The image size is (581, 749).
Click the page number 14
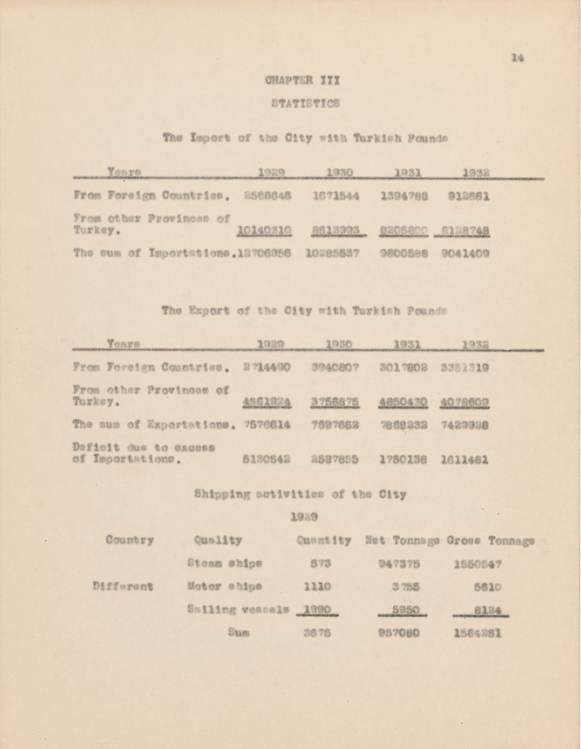pos(517,58)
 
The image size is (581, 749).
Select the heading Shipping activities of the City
pos(300,495)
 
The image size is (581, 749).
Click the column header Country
pos(130,540)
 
